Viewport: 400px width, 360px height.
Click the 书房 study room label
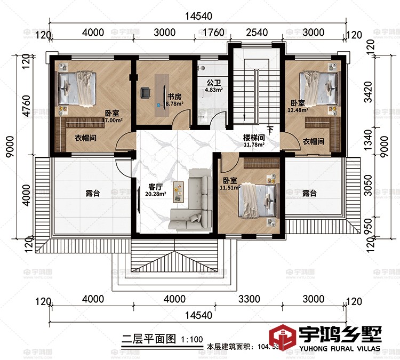point(174,97)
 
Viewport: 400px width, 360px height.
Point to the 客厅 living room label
point(155,187)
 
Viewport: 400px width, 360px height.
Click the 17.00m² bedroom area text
point(113,121)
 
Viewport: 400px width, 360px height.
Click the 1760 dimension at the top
point(214,33)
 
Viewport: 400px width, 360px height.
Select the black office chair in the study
point(145,93)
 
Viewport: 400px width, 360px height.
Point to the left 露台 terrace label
point(92,193)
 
